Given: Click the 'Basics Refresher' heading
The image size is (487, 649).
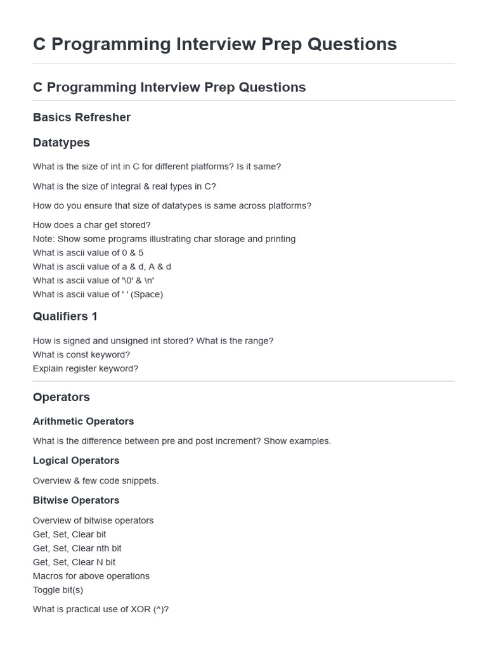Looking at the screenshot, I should pyautogui.click(x=82, y=117).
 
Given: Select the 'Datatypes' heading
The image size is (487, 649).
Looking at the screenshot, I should pyautogui.click(x=62, y=143).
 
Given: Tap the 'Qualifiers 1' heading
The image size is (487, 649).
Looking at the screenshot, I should pyautogui.click(x=65, y=316).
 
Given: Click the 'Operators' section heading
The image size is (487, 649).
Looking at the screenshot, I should pyautogui.click(x=62, y=397).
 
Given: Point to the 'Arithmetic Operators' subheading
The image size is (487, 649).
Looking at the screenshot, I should pyautogui.click(x=83, y=421).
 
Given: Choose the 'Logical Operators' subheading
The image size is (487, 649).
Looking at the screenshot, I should pyautogui.click(x=76, y=461).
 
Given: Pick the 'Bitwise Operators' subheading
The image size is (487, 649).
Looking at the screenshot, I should pyautogui.click(x=76, y=501).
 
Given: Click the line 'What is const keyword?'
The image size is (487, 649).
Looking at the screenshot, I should pyautogui.click(x=81, y=355).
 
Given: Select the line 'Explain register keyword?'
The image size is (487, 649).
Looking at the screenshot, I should pyautogui.click(x=86, y=369).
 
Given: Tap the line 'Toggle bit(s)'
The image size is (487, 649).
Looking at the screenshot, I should pyautogui.click(x=58, y=590).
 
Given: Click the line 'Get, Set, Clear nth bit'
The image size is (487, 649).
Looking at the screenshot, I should pyautogui.click(x=77, y=548).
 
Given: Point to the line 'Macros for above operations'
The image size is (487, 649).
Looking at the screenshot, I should pyautogui.click(x=91, y=576).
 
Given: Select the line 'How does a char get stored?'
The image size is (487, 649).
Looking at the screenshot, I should pyautogui.click(x=92, y=225).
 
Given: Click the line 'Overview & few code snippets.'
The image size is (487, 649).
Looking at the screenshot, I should pyautogui.click(x=96, y=481).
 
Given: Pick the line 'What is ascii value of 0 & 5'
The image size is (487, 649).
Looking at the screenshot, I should pyautogui.click(x=88, y=253).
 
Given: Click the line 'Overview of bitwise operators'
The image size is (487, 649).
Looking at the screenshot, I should pyautogui.click(x=93, y=520).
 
